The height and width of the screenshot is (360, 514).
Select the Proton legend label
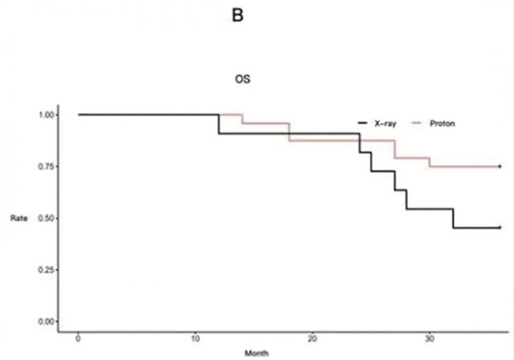[x=444, y=123]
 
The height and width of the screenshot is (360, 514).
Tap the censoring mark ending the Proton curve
[x=500, y=166]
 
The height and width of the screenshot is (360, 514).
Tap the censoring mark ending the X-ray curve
[x=500, y=228]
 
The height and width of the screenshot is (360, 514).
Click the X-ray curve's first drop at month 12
[x=219, y=124]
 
